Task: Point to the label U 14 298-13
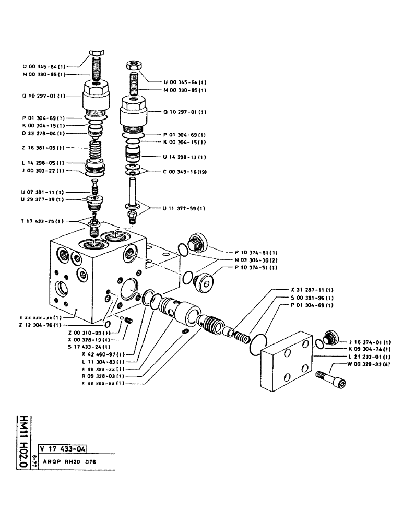pyautogui.click(x=185, y=157)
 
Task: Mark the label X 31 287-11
pyautogui.click(x=312, y=290)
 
